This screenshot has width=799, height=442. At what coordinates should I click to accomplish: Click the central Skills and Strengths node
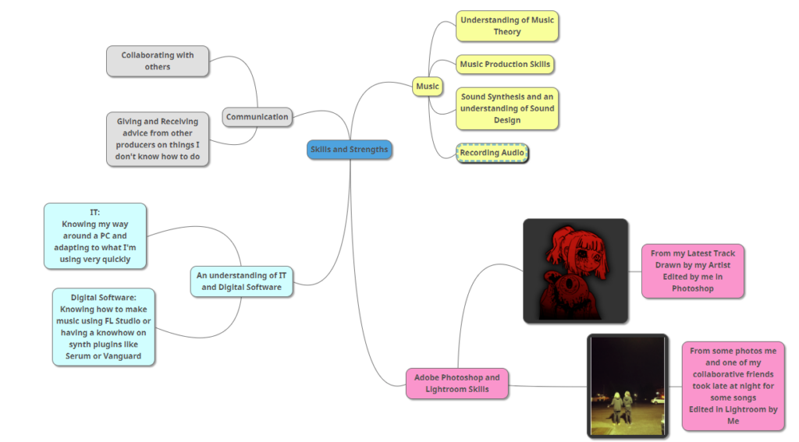349,150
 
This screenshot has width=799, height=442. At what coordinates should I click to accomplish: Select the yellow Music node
427,87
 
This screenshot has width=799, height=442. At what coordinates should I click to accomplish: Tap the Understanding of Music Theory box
506,26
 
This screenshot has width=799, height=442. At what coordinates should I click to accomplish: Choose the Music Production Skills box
505,65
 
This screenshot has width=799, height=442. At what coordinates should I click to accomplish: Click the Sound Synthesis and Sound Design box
506,108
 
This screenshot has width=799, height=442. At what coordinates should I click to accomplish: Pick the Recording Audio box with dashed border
492,153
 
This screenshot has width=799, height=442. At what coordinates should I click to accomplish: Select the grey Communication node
257,117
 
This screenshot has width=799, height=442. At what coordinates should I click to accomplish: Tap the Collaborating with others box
158,61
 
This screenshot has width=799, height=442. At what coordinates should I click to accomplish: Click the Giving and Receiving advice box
158,139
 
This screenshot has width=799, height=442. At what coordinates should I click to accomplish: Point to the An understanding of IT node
241,281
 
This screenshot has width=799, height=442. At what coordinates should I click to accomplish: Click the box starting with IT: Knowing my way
94,235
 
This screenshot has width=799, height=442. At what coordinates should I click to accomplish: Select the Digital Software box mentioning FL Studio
104,327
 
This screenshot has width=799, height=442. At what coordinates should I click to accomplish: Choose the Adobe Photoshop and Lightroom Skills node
457,384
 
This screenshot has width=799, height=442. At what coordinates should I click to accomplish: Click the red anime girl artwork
575,270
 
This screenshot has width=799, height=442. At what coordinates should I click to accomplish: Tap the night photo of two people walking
627,386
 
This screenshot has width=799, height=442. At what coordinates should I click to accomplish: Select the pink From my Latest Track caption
693,271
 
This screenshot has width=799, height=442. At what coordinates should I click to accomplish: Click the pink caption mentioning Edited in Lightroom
733,386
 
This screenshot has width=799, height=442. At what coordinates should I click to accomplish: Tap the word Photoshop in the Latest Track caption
693,288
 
